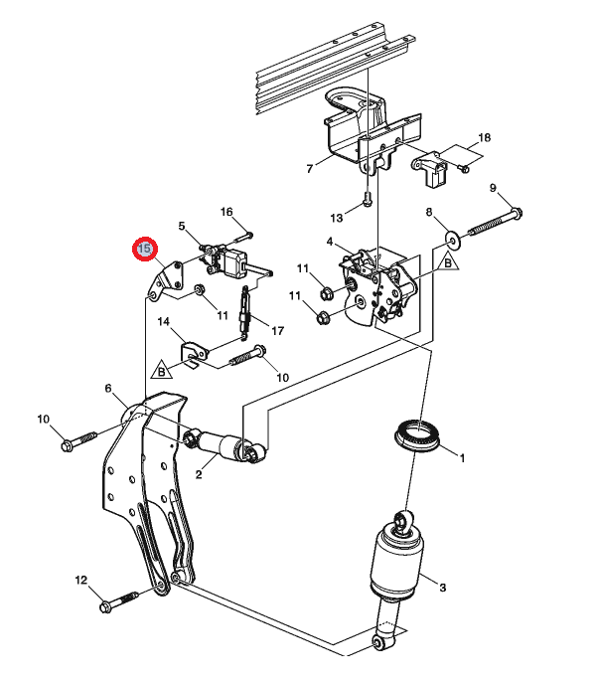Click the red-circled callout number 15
145,250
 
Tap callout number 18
484,138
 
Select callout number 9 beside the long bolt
493,188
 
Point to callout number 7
310,169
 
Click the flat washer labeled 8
453,240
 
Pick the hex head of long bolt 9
518,214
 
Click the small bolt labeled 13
368,200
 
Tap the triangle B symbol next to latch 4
447,262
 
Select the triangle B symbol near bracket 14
162,370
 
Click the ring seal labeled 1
417,435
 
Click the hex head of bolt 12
106,606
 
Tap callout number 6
108,388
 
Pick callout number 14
163,322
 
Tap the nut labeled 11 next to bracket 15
200,288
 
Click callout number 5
182,227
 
